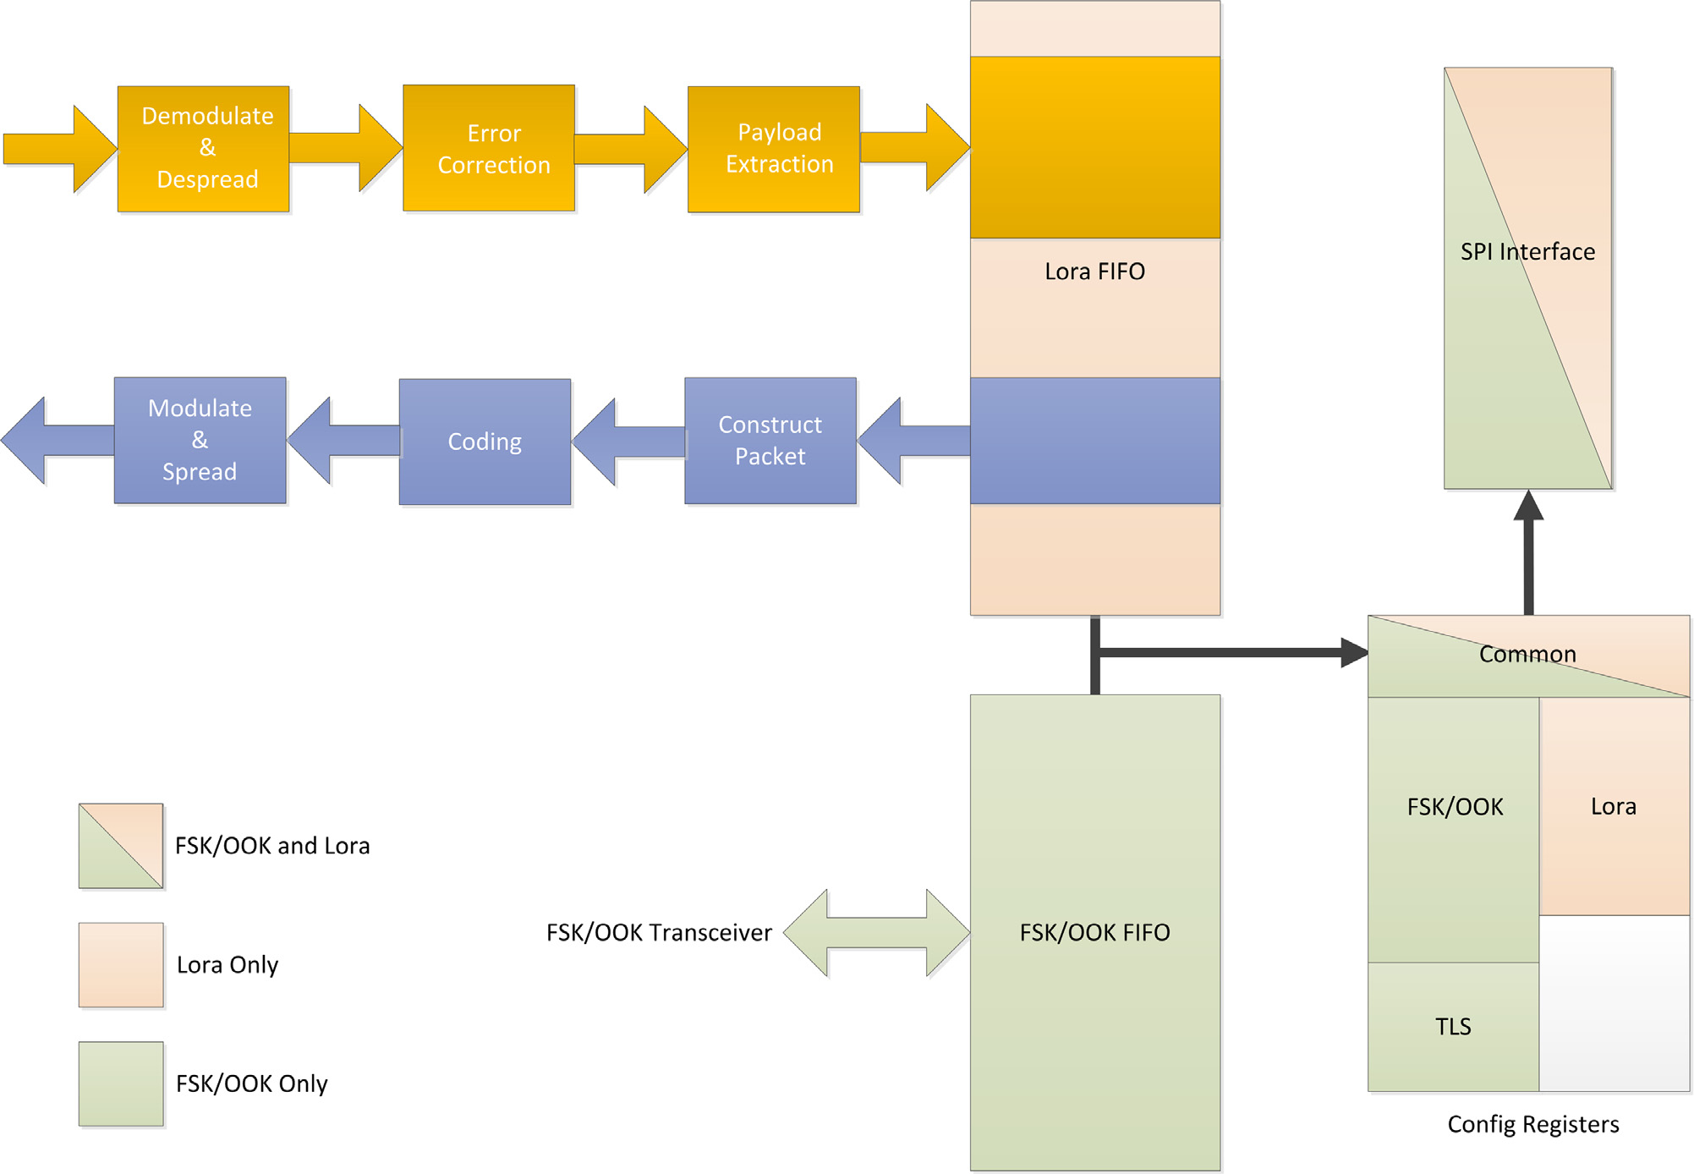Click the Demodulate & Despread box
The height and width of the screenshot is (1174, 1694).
(203, 148)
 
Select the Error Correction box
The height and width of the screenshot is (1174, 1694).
(489, 148)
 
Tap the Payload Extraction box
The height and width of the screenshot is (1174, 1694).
(774, 148)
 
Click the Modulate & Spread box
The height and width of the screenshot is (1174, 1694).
(200, 440)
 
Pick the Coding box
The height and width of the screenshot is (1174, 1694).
(485, 442)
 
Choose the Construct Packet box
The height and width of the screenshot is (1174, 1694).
(770, 441)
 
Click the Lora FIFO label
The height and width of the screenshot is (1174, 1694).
(1094, 272)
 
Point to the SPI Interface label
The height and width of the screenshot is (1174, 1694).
(1527, 252)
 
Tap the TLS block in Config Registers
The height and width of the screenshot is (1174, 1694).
(1453, 1027)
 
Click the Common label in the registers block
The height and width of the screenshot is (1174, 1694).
(1527, 655)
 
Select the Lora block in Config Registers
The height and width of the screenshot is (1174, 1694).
(1614, 806)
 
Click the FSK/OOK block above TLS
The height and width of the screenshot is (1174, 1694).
(1455, 807)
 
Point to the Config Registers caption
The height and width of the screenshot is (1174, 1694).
(1532, 1124)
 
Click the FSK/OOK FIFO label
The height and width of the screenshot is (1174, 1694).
(1094, 932)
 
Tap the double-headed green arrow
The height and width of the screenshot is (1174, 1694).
(876, 933)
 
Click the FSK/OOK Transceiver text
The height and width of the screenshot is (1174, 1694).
(659, 932)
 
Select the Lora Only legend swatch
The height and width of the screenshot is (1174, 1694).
(121, 964)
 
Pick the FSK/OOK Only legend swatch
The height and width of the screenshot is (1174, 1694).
(121, 1083)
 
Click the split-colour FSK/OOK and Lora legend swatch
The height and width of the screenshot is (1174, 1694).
(121, 846)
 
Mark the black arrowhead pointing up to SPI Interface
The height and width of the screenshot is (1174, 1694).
(1528, 506)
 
